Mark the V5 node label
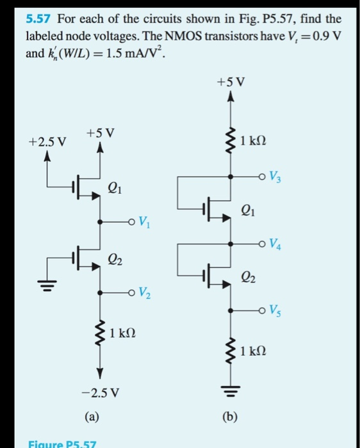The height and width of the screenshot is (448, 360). tap(274, 312)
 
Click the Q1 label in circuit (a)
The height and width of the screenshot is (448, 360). tap(116, 188)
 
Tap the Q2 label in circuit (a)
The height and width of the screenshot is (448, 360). tap(116, 259)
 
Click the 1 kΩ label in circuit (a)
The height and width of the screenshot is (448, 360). tap(122, 334)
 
